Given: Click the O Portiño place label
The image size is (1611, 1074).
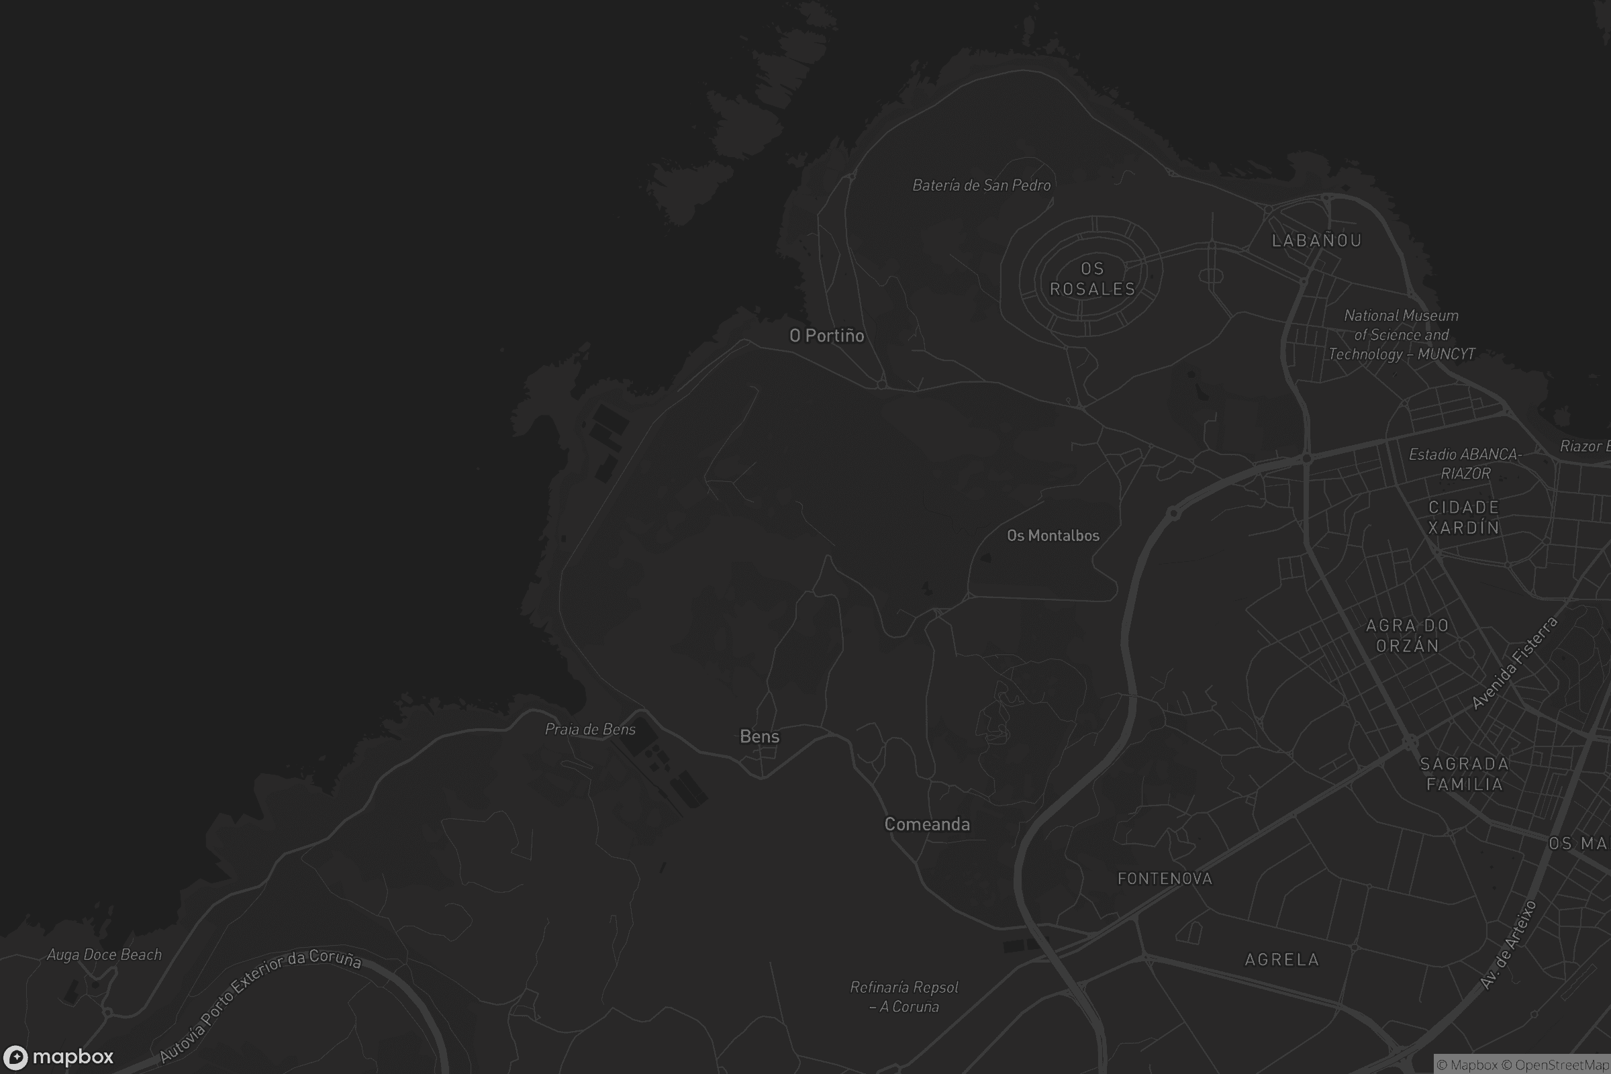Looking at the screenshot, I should pos(827,336).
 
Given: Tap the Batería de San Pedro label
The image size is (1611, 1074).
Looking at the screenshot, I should pos(981,185).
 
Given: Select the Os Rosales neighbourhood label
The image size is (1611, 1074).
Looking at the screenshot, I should pos(1093,279).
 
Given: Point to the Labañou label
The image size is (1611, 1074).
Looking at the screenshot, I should pos(1316,240).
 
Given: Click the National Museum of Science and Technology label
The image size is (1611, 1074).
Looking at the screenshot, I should pos(1402,335).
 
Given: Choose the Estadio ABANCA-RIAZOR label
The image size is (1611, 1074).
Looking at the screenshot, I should pos(1465,464).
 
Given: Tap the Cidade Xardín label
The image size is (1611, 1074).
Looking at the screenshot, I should pos(1464,517).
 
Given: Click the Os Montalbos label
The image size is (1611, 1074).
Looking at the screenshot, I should pos(1053,536).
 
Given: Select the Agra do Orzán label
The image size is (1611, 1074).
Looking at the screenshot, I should pos(1408,636).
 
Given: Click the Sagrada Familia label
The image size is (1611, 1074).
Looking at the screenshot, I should pos(1465,774).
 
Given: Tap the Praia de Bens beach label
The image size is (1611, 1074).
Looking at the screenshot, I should pos(590,730).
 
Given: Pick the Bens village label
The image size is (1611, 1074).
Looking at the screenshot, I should pos(760,736).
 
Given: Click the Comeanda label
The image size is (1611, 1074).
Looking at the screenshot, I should pos(927,824).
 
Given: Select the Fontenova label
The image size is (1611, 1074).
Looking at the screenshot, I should pos(1165,879).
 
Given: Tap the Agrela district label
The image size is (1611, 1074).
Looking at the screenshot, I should pos(1281,960).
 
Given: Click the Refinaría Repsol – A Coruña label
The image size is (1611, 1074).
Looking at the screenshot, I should pos(904,997).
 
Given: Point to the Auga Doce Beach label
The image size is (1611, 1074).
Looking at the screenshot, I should pos(104,955).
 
